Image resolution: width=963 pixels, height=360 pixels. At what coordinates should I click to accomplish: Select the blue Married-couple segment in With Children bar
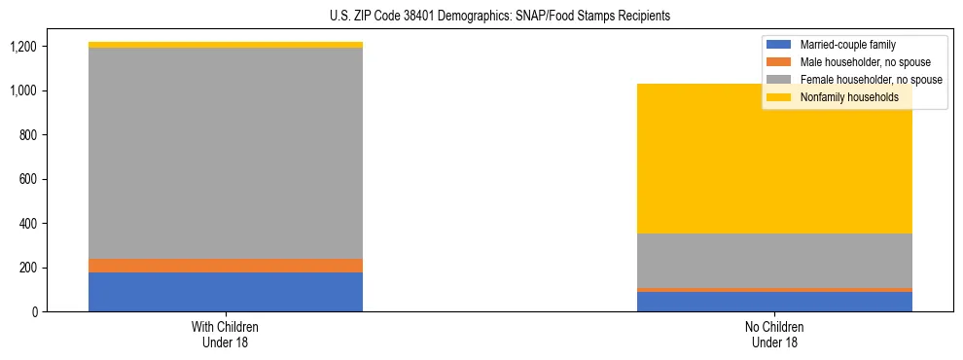pos(226,292)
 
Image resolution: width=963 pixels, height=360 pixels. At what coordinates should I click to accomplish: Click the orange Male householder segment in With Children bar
pos(226,266)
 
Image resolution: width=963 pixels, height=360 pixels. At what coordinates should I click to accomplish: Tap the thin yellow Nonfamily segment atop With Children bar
pos(226,45)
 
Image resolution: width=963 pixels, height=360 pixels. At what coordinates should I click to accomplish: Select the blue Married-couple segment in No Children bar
pos(774,302)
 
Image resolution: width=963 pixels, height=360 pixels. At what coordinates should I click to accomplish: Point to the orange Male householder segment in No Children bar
pos(774,290)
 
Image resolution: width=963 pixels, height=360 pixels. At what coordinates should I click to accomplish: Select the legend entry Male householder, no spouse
pos(865,62)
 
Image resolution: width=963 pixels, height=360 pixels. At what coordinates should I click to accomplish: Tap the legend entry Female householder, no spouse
pos(871,80)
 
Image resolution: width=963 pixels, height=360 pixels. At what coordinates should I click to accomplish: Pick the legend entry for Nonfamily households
pos(849,97)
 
